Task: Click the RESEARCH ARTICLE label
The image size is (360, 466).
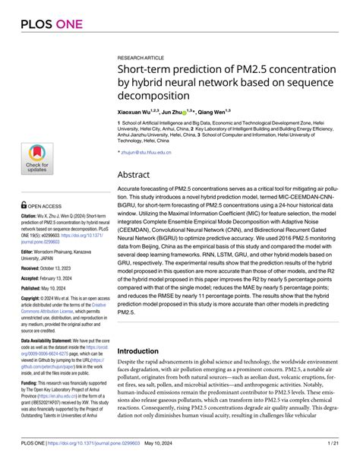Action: [x=141, y=57]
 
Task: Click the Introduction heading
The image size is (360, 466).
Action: [x=144, y=350]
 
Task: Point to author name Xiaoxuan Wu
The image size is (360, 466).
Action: [x=142, y=112]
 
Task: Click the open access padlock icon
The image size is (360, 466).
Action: [x=24, y=205]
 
